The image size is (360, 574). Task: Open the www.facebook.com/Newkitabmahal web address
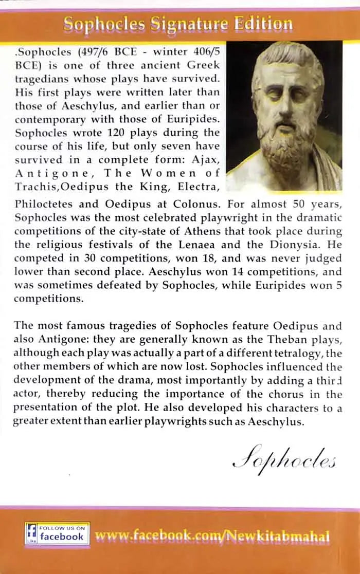tap(212, 536)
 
